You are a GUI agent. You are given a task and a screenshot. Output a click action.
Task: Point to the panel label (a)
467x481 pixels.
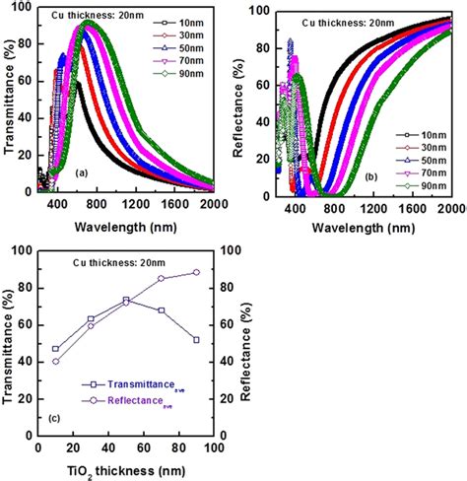tap(83, 172)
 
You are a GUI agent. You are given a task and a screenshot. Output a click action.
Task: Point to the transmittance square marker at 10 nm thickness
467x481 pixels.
tap(56, 349)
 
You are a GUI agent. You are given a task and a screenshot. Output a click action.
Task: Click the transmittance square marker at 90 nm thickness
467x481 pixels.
tap(196, 340)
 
